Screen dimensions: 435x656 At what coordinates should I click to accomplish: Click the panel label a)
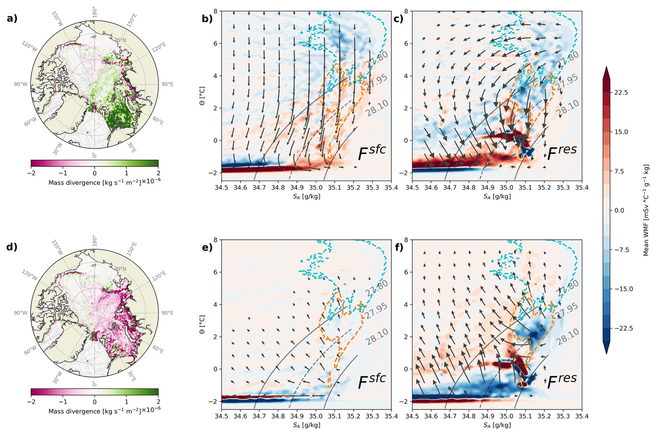click(x=12, y=18)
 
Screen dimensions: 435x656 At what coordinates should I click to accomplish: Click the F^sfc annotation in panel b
click(x=371, y=153)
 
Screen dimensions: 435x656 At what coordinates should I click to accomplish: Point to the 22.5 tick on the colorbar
click(x=621, y=93)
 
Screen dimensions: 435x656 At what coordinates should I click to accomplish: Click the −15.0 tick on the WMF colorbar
click(x=623, y=289)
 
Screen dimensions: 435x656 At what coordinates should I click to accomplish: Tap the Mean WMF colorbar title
click(x=646, y=210)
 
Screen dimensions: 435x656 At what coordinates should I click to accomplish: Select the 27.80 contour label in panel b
click(x=377, y=60)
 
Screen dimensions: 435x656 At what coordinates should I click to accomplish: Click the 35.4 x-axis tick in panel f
click(x=582, y=416)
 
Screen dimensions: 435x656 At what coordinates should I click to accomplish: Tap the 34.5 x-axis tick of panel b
click(x=221, y=188)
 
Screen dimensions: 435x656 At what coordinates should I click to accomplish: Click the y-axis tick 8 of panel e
click(x=215, y=240)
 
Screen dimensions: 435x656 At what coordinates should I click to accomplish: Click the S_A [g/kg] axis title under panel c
click(x=497, y=197)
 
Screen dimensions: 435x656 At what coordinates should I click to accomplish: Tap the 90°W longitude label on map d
click(x=20, y=313)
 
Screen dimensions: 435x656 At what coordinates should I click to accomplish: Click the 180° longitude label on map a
click(x=94, y=12)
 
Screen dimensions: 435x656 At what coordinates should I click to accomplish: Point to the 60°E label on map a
click(x=158, y=121)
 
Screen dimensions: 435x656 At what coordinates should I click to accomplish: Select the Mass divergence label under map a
click(x=104, y=182)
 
